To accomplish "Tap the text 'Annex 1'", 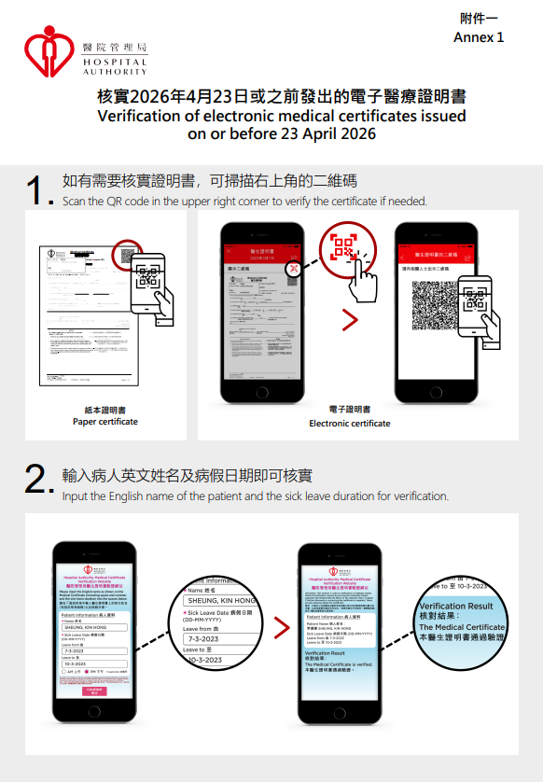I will (478, 37).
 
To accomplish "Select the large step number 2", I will (39, 482).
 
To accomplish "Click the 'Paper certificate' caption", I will (105, 422).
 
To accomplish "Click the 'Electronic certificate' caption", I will (350, 423).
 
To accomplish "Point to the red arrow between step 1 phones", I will (350, 320).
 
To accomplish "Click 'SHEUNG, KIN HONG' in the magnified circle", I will (221, 600).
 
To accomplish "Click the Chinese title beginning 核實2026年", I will (282, 97).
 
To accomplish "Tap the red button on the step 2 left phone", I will (93, 691).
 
